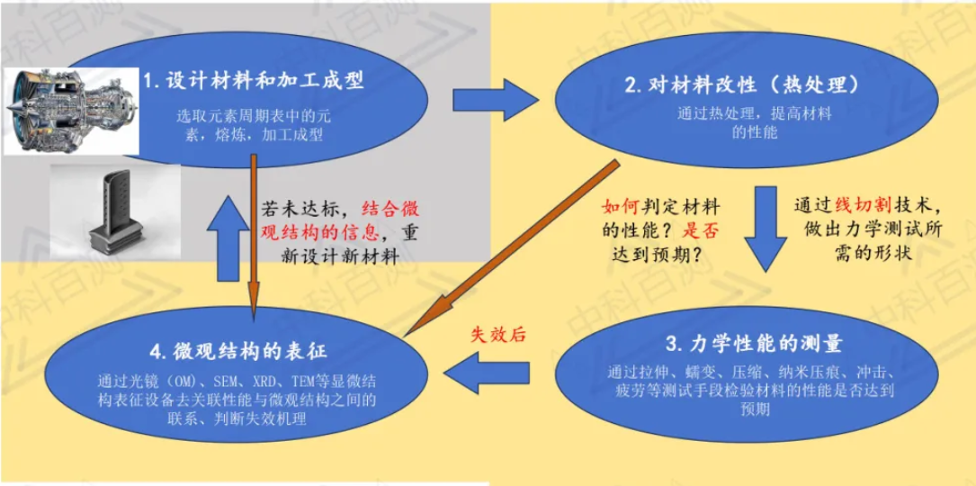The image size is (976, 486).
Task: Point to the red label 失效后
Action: (498, 335)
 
